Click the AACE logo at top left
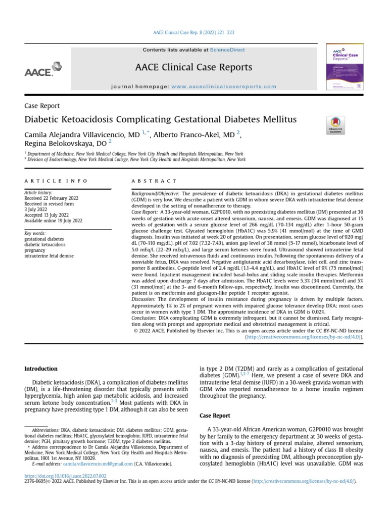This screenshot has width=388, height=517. coord(43,69)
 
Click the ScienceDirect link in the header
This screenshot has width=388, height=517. coord(227,50)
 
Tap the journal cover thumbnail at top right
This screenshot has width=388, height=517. coord(346,68)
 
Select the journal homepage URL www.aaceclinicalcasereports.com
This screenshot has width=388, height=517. coord(224,87)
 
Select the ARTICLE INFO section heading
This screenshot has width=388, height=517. coord(56,181)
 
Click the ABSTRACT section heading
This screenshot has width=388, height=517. coord(154,181)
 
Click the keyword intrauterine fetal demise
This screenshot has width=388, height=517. coord(49,256)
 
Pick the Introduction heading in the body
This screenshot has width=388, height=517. coord(41,369)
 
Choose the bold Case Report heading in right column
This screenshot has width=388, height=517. coord(216,415)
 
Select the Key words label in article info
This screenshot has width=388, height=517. coord(35,234)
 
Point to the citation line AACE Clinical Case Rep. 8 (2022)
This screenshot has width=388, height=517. coord(193,33)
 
